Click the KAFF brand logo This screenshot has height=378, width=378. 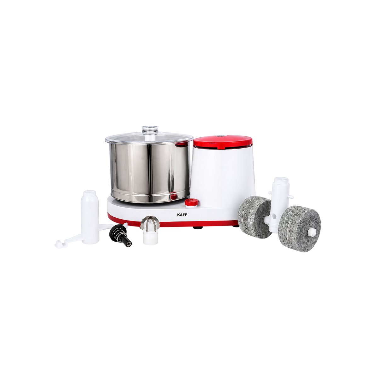(182, 215)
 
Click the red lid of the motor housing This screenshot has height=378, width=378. (223, 141)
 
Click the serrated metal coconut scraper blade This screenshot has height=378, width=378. (151, 223)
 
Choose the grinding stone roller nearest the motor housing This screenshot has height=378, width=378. (255, 217)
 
